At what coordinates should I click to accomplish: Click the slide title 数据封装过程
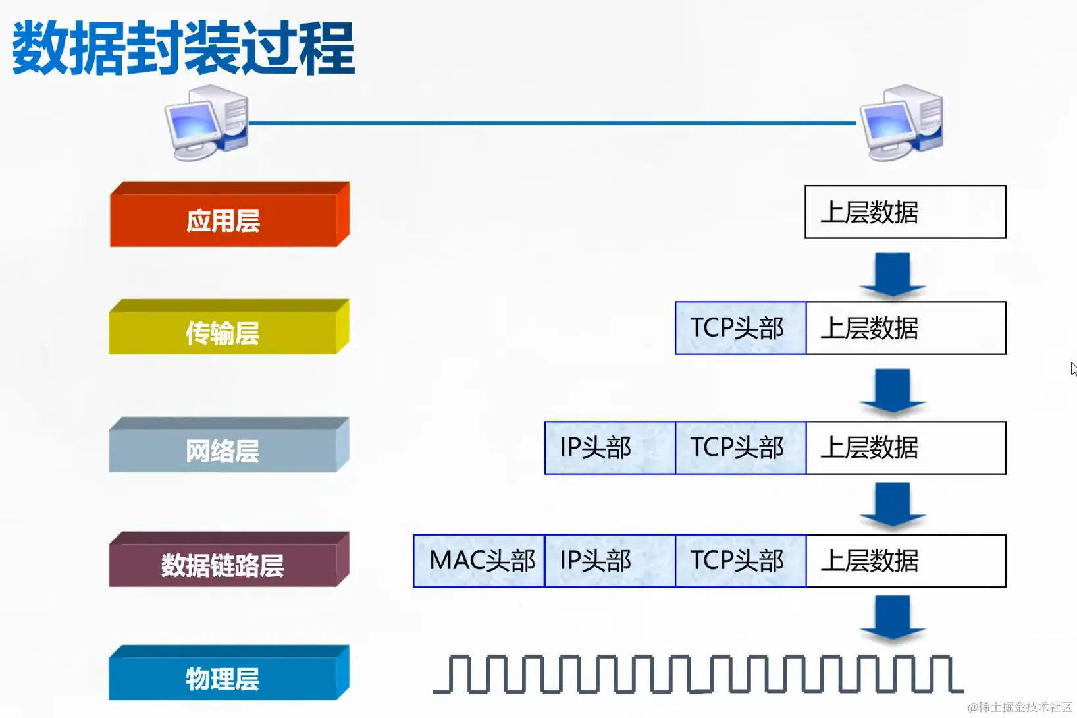pyautogui.click(x=183, y=48)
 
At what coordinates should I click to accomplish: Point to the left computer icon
pyautogui.click(x=207, y=123)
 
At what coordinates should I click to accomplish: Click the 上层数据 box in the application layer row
pyautogui.click(x=905, y=212)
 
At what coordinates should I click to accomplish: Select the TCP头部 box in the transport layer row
pyautogui.click(x=740, y=328)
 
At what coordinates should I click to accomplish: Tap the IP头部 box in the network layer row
pyautogui.click(x=610, y=448)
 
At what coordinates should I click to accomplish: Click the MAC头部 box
pyautogui.click(x=479, y=561)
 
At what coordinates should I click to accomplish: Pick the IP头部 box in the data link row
pyautogui.click(x=610, y=561)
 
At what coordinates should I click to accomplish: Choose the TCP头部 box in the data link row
pyautogui.click(x=740, y=561)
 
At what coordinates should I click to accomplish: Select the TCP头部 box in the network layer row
pyautogui.click(x=740, y=448)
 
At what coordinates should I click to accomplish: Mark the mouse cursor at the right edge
pyautogui.click(x=1073, y=369)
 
